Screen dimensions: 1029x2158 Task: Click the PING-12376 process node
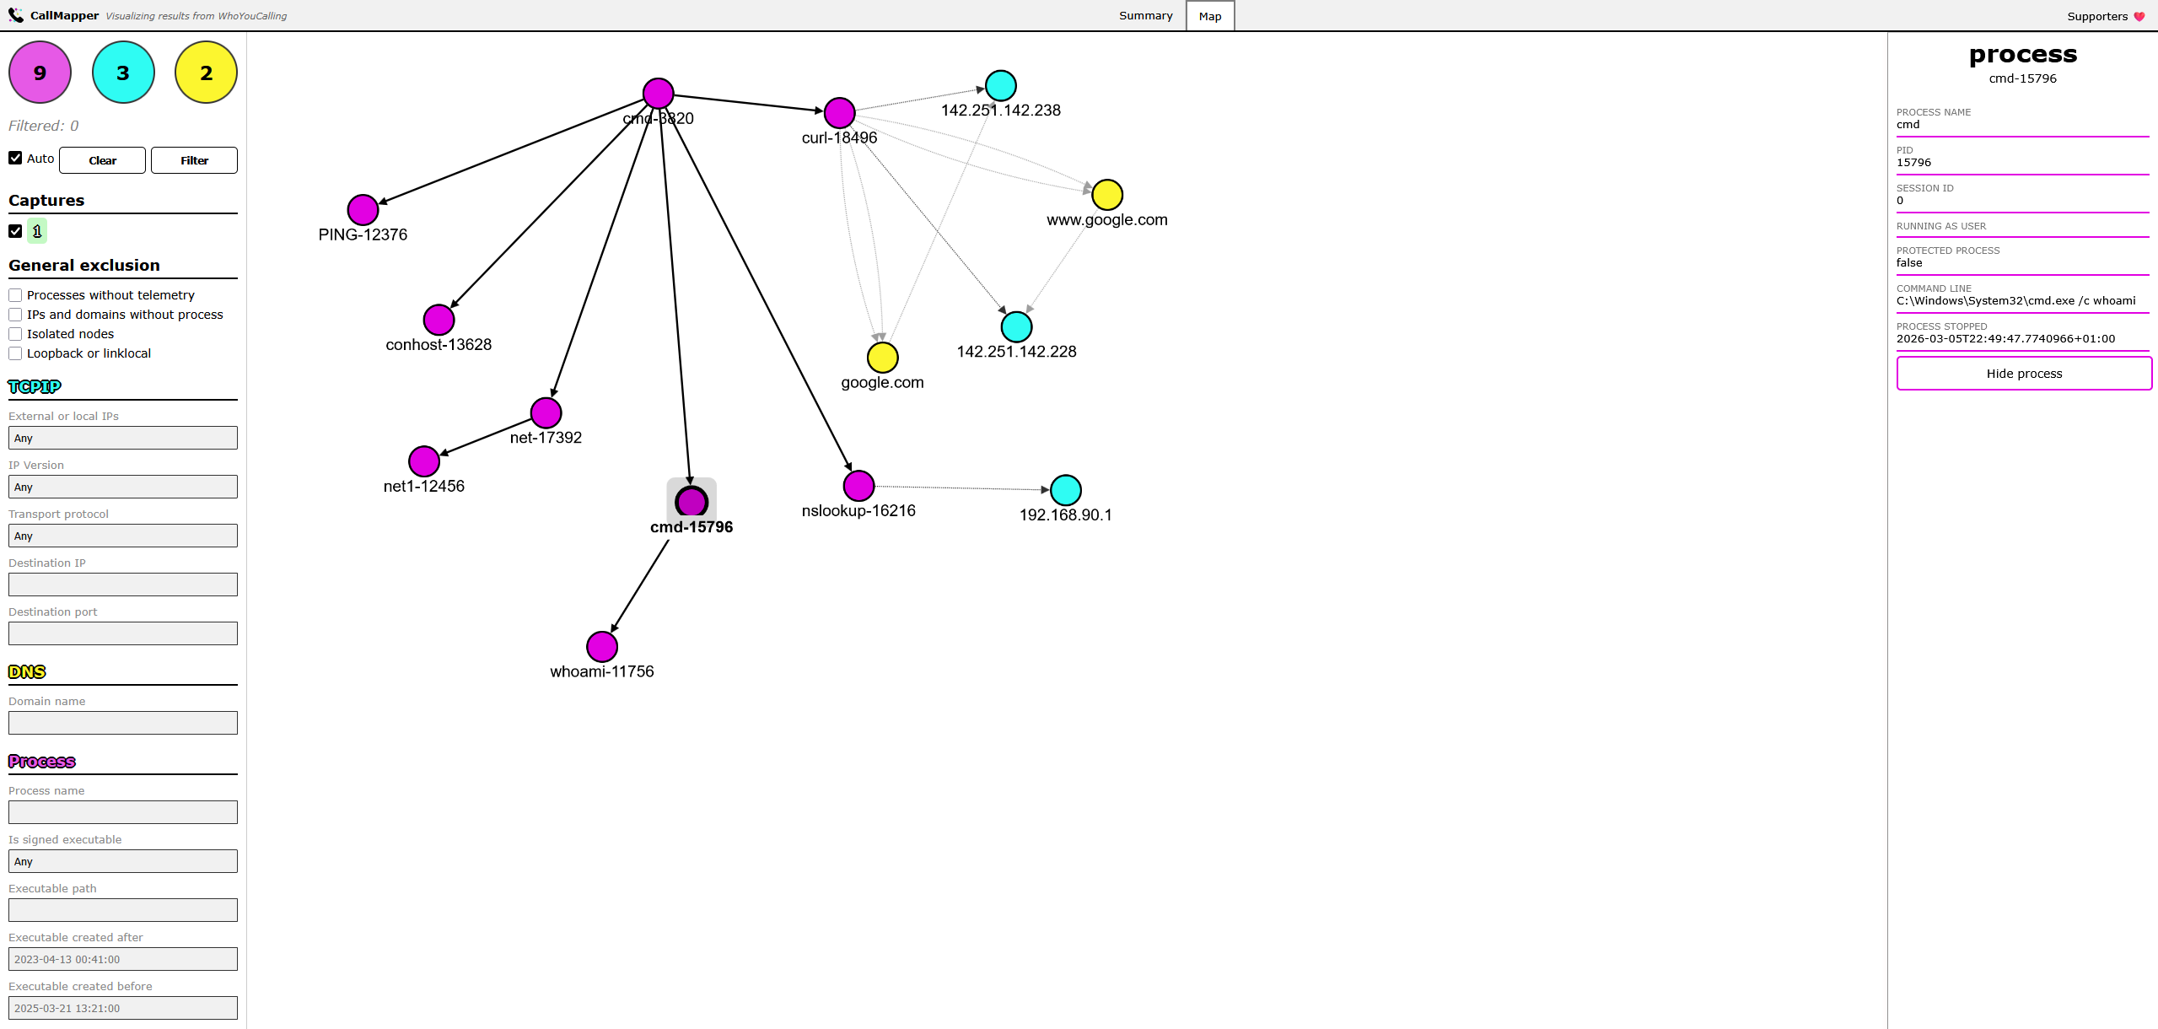click(363, 210)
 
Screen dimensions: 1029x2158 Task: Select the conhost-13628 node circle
click(439, 320)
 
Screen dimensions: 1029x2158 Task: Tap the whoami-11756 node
click(602, 647)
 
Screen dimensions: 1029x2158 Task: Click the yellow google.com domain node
click(882, 358)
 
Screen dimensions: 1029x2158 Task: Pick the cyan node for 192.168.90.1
click(1066, 490)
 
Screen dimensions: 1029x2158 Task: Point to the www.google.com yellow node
click(1107, 195)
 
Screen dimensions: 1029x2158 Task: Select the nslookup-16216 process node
click(858, 486)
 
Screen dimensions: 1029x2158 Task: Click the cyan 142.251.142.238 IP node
click(1001, 85)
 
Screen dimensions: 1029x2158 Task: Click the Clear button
click(102, 160)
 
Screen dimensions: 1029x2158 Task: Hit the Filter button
click(194, 160)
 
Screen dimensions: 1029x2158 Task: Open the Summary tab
click(1145, 16)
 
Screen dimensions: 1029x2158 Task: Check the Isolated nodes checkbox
click(15, 334)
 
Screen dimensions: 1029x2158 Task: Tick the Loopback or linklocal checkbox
click(15, 353)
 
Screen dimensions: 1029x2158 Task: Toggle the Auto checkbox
click(15, 158)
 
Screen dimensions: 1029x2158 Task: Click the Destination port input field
click(123, 633)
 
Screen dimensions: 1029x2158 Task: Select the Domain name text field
click(123, 723)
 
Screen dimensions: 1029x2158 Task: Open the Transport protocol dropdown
click(123, 536)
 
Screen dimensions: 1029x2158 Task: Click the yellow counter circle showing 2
click(206, 73)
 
